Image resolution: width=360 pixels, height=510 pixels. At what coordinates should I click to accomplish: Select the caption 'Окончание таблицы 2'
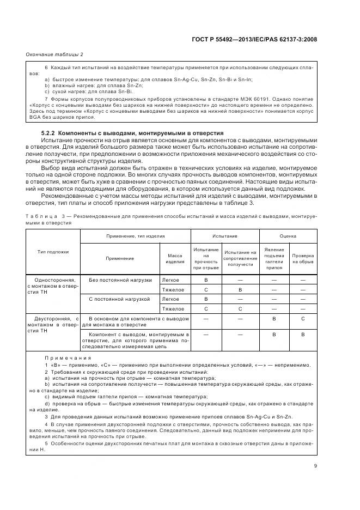54,54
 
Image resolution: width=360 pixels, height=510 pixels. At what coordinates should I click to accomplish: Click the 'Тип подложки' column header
53,252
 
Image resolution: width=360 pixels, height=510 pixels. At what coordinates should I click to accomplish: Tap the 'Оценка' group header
288,236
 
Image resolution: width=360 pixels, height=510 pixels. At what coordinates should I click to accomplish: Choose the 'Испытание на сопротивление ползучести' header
240,258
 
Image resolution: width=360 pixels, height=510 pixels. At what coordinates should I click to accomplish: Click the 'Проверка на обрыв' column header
302,258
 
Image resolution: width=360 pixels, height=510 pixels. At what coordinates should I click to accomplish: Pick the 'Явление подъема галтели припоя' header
274,258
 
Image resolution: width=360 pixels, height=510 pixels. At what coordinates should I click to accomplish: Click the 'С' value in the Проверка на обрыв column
302,318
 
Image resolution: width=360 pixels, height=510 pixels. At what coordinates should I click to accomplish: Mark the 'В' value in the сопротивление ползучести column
240,289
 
